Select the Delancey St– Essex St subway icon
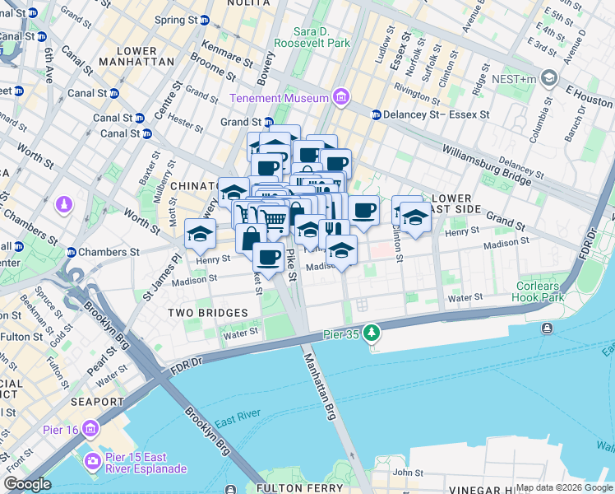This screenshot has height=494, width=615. coord(376,114)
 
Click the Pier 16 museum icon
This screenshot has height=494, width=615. coord(90,429)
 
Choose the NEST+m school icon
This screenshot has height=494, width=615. coord(549,79)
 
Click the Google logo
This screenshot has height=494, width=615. coord(27,484)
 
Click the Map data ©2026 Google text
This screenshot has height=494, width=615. coord(564,487)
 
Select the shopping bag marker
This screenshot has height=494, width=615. coord(251,238)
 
